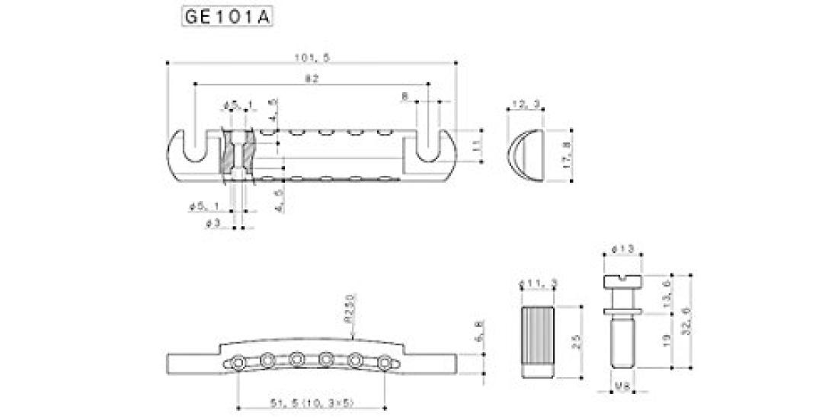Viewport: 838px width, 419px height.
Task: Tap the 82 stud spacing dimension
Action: coord(311,78)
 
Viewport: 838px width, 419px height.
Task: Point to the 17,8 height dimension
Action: coord(565,156)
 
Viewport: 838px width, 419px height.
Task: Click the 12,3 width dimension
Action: coord(524,104)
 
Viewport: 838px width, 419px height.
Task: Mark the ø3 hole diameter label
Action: coord(214,224)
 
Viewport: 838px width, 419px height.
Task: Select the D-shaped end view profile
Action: coord(526,156)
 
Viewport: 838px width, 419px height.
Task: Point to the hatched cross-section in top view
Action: coord(227,156)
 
